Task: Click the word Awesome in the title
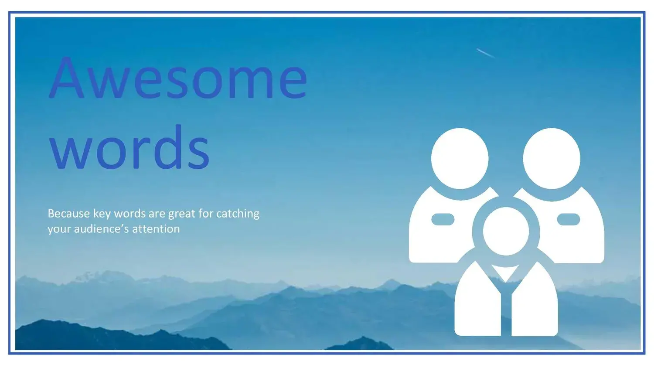(178, 78)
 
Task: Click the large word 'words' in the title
(129, 147)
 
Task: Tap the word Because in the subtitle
(69, 214)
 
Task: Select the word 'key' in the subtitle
(102, 215)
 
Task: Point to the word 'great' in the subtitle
(182, 215)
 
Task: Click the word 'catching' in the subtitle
(238, 214)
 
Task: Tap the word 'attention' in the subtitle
(156, 228)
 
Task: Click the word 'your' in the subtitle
(59, 229)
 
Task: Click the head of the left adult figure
(460, 158)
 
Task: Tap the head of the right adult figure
(552, 158)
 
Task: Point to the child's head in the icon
(506, 231)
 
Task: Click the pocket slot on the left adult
(443, 219)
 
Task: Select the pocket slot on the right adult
(569, 219)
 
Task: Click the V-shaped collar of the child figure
(506, 272)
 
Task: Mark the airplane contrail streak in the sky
(486, 53)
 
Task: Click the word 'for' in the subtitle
(205, 214)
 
